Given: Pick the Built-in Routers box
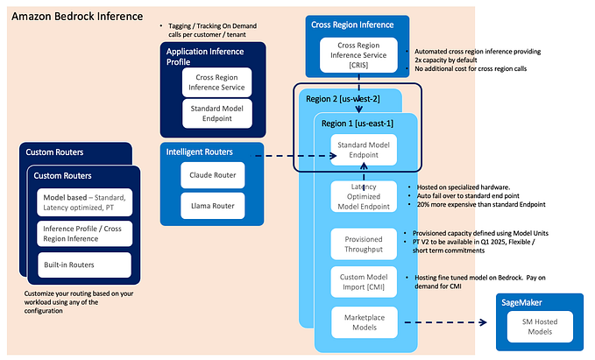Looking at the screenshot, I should pos(83,265).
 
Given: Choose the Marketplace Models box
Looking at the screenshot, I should pos(364,321).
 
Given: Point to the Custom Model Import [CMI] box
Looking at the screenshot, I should pos(364,283).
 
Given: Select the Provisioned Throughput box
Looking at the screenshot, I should pos(364,244).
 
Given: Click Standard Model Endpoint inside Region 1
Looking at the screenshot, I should pos(364,150).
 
